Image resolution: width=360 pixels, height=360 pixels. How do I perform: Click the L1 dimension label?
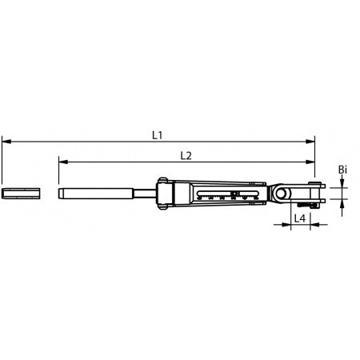(158, 135)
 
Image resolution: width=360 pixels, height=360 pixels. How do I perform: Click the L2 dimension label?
(186, 155)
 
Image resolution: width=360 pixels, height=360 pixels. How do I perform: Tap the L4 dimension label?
(299, 218)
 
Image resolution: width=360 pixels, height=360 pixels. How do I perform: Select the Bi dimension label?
(342, 170)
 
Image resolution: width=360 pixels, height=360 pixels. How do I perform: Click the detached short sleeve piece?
(19, 193)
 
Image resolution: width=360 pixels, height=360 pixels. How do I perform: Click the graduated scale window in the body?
(232, 194)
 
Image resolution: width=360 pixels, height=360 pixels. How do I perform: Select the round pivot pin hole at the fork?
(280, 193)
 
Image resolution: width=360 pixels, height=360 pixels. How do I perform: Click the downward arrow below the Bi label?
(342, 183)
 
